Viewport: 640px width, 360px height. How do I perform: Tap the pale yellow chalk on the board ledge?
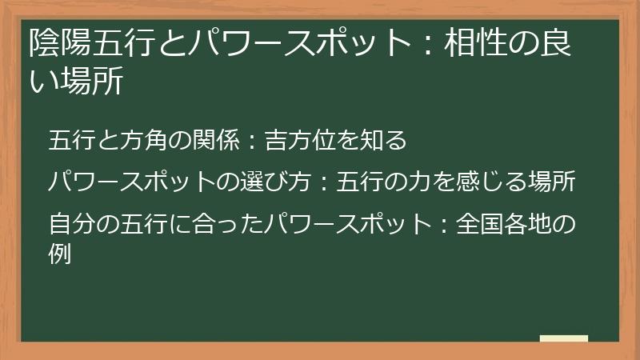[x=563, y=339]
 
